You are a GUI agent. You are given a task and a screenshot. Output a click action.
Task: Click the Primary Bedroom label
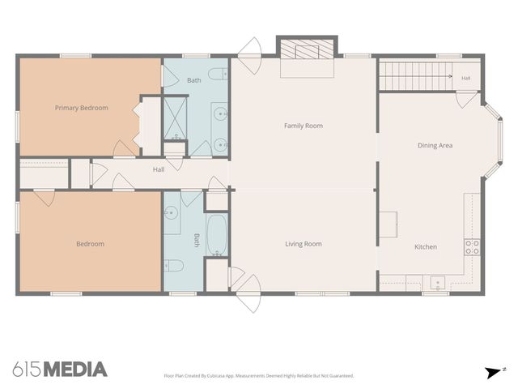coord(81,108)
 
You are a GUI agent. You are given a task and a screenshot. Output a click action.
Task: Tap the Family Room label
coord(304,126)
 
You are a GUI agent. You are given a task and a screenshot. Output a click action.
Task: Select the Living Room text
coord(304,244)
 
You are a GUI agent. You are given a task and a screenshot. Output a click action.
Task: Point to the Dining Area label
coord(435,145)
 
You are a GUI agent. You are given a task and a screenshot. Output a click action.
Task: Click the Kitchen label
coord(426,246)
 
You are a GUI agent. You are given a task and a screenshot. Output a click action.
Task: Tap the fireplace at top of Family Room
coord(307,56)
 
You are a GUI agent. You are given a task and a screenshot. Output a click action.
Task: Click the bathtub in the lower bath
coord(217,235)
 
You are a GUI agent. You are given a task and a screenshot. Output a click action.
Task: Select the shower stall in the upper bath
coord(175,118)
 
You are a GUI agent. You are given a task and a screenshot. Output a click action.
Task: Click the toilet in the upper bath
coord(218,74)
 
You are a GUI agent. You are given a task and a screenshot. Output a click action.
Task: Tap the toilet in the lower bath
coord(173,265)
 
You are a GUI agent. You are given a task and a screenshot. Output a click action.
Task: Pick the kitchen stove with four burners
coord(472,247)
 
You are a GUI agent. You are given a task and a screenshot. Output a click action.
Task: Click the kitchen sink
coord(438,283)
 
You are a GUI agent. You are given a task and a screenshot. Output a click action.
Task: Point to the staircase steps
coord(415,76)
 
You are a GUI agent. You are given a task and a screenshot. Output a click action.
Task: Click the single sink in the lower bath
coord(171,213)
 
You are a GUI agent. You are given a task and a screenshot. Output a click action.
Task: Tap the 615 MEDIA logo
coord(60,370)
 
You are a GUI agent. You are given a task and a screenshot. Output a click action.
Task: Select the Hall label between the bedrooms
coord(159,169)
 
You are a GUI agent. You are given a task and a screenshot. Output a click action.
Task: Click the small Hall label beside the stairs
coord(466,78)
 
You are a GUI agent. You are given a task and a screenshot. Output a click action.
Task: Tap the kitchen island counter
coord(388,224)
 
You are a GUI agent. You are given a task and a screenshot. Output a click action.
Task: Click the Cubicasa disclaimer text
coord(259,376)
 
